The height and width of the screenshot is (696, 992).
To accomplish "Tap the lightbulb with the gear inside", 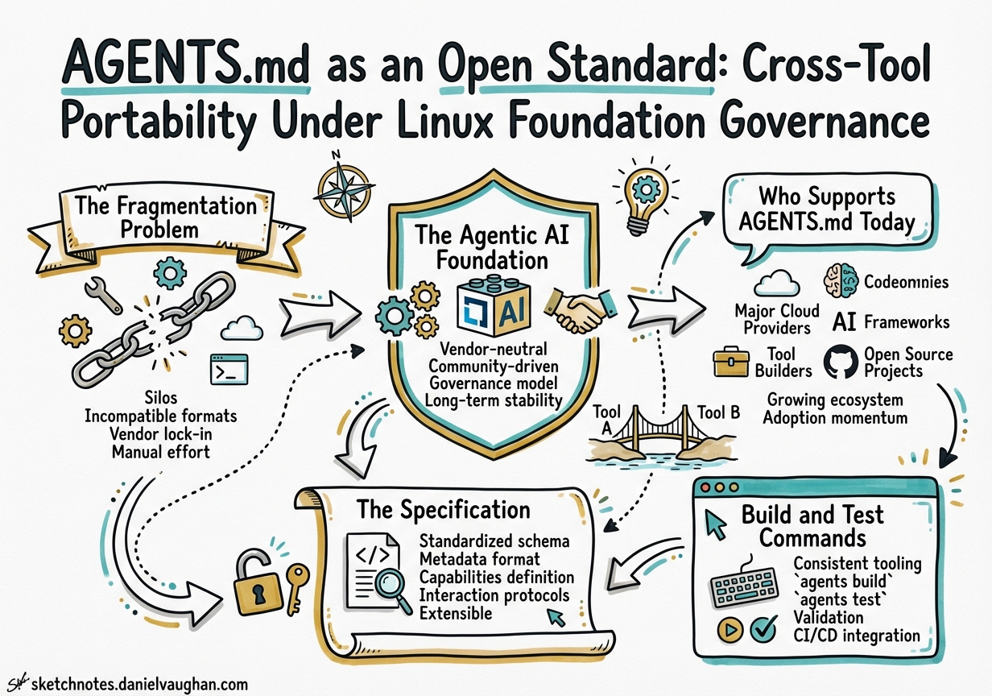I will [643, 193].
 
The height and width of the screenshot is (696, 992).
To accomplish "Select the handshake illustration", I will [578, 310].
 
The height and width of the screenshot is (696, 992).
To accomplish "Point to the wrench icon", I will [103, 296].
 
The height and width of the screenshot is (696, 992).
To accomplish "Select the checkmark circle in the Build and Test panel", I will [763, 629].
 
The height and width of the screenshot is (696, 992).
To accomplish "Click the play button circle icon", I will [730, 630].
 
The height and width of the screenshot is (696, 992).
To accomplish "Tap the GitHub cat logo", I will [841, 362].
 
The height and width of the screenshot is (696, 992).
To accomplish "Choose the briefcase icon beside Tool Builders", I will [731, 362].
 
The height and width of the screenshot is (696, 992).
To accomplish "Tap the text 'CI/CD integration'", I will [856, 636].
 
